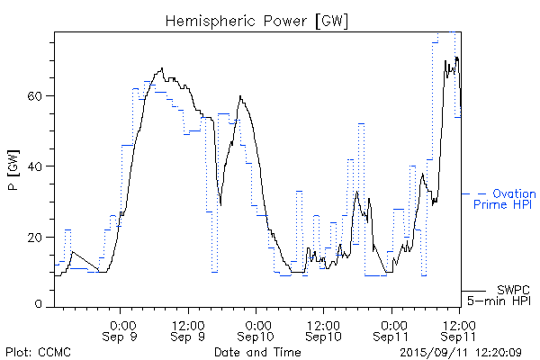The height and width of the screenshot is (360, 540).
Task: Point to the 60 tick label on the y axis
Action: (39, 96)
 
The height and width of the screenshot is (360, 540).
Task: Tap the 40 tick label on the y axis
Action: (39, 166)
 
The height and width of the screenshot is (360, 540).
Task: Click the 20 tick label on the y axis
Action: (39, 237)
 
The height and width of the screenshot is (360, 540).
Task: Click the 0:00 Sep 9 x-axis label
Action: (121, 330)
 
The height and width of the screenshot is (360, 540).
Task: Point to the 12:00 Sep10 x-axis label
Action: (323, 330)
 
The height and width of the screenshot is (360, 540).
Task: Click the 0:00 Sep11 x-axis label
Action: (391, 330)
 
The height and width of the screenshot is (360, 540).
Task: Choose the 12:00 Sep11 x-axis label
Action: (458, 330)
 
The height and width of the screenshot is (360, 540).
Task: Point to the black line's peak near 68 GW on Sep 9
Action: (162, 68)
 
